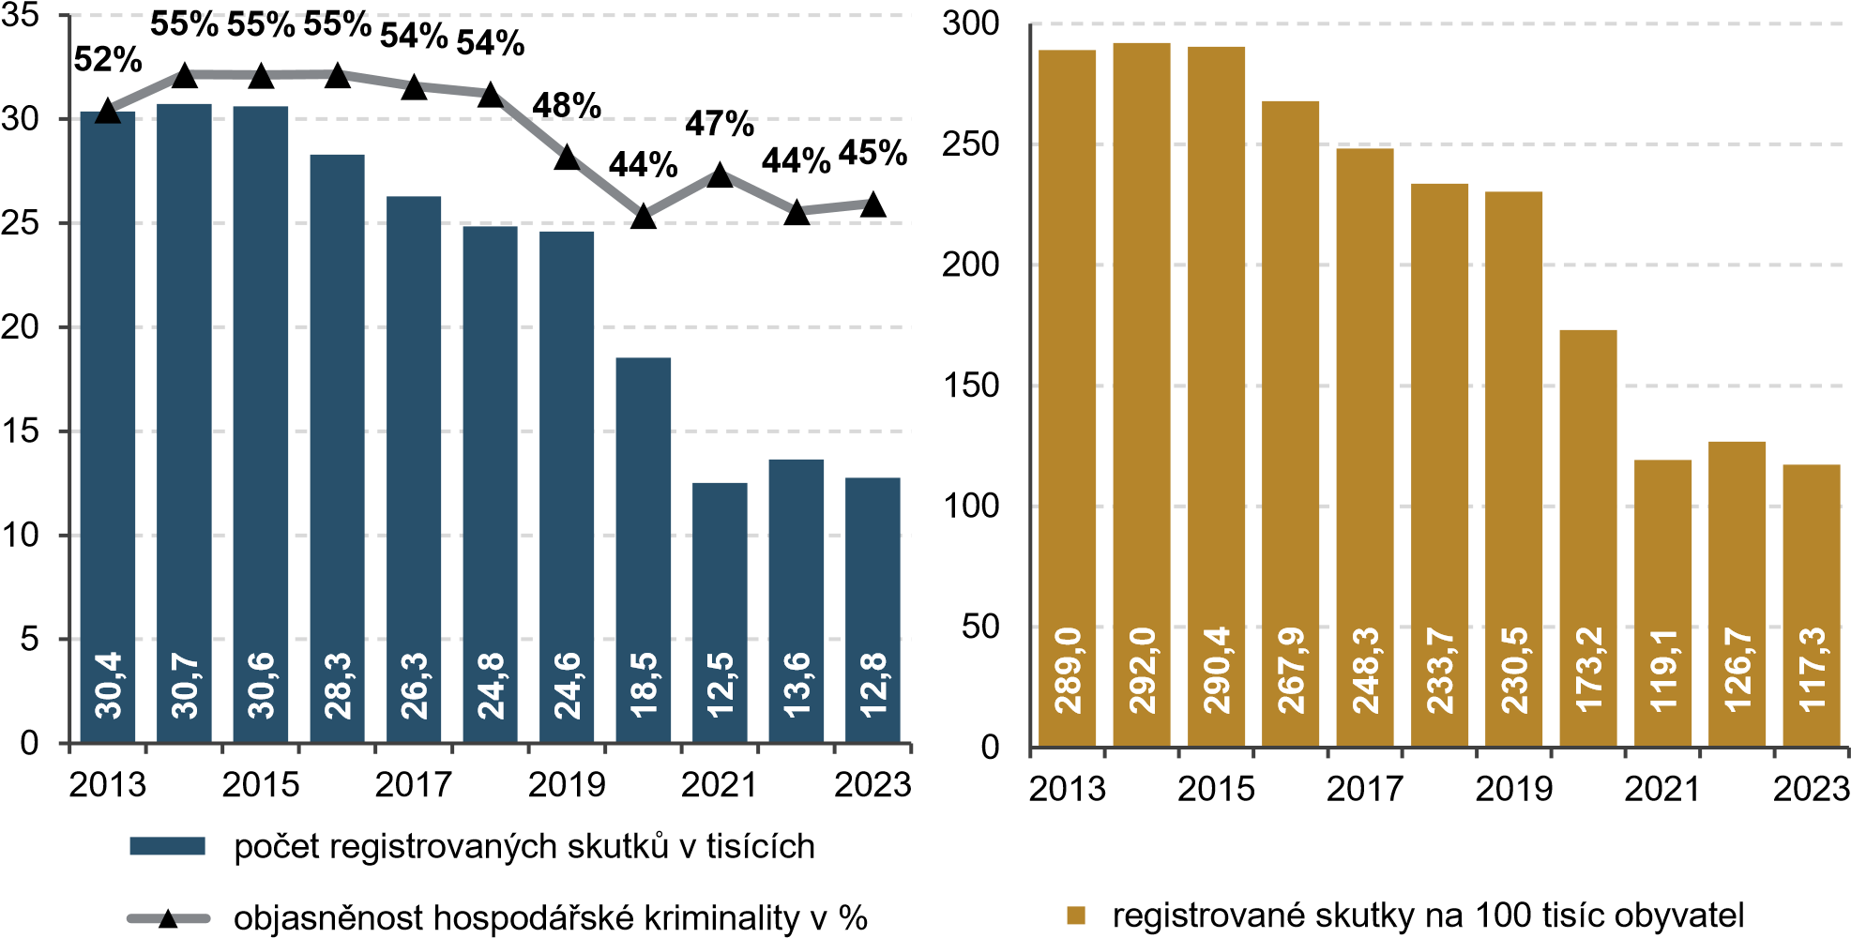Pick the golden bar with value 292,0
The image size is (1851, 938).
(1142, 394)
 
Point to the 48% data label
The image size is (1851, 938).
(567, 106)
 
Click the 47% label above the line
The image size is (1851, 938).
(720, 124)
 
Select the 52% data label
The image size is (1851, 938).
(108, 60)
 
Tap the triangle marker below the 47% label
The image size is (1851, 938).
(720, 175)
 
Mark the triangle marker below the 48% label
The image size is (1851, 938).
(567, 157)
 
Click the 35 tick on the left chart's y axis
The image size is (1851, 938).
(21, 17)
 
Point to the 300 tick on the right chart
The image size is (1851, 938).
(971, 23)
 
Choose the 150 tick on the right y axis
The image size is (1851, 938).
(971, 386)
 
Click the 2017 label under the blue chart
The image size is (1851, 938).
(414, 785)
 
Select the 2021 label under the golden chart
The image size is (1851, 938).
(1662, 789)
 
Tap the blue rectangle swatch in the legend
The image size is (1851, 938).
(167, 846)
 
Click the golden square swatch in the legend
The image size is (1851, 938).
(1076, 915)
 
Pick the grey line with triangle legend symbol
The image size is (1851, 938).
(167, 917)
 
